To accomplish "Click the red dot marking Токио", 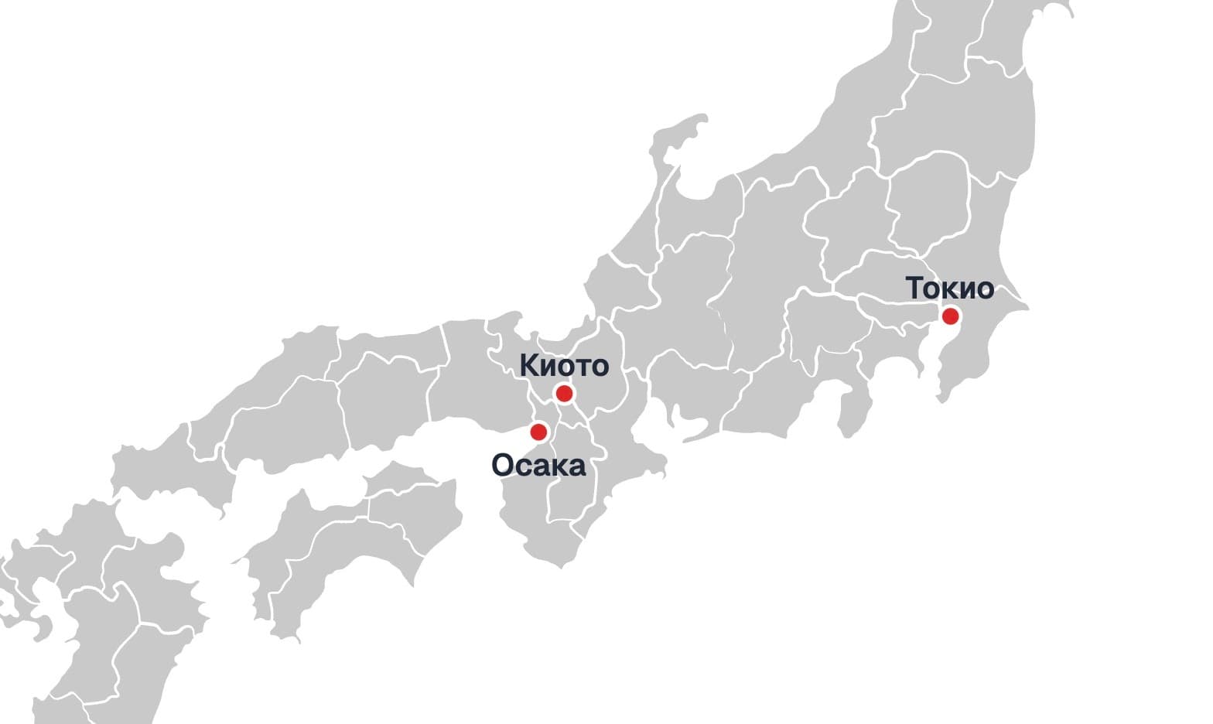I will [x=950, y=316].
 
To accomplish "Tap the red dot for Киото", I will [x=565, y=393].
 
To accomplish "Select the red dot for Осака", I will [x=538, y=432].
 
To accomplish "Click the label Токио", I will [x=949, y=288].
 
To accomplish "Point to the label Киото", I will [x=564, y=364].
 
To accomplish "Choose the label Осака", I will [x=538, y=466].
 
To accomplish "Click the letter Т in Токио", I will [x=914, y=288].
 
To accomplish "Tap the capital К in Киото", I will [x=528, y=364].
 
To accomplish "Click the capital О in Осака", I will [x=502, y=466].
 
